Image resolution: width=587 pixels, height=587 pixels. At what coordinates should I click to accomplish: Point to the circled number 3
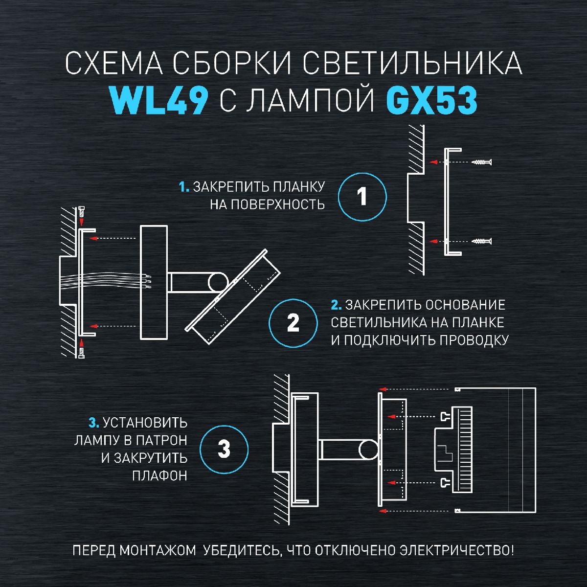(x=224, y=449)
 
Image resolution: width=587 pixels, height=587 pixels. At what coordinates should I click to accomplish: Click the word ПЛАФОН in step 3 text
(x=160, y=475)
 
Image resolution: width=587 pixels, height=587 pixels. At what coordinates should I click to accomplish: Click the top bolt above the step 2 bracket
(x=81, y=214)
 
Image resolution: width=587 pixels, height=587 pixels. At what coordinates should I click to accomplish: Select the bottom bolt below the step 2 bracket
(x=81, y=349)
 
